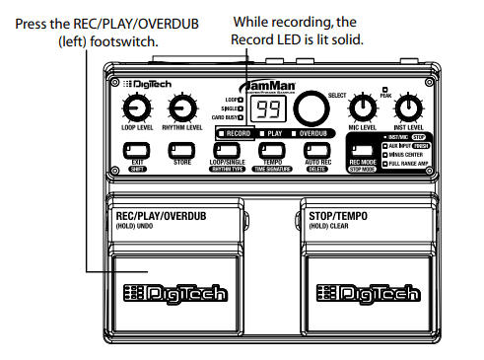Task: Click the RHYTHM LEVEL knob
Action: (x=181, y=108)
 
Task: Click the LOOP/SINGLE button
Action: (x=228, y=151)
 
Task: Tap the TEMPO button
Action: (x=273, y=151)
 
